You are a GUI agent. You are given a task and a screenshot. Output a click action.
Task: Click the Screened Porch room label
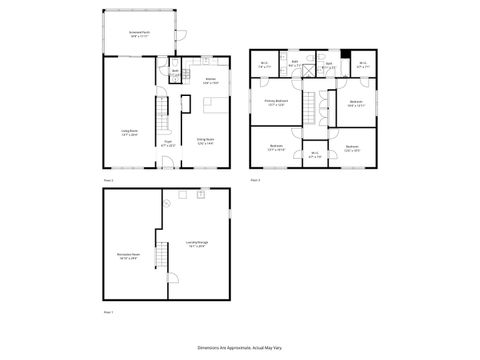138,34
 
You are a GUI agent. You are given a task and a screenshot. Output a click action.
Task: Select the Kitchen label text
211,80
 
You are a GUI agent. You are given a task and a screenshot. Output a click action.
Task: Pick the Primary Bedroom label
277,102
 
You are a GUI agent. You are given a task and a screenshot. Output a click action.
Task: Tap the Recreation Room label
127,254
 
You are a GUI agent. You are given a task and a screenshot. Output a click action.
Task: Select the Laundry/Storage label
197,242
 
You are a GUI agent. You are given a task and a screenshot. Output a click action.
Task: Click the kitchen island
186,103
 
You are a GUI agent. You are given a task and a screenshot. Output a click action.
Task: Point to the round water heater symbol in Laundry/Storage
166,201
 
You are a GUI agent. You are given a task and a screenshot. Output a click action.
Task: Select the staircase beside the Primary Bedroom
310,104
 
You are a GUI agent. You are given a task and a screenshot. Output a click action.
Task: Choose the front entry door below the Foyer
168,166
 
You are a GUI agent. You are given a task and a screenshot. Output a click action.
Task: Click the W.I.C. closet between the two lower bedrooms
315,154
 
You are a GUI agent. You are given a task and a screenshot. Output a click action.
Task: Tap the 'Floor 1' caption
108,313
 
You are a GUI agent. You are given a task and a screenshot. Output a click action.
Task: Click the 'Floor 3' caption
255,180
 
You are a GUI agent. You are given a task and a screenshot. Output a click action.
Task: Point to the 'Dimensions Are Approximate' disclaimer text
240,345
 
